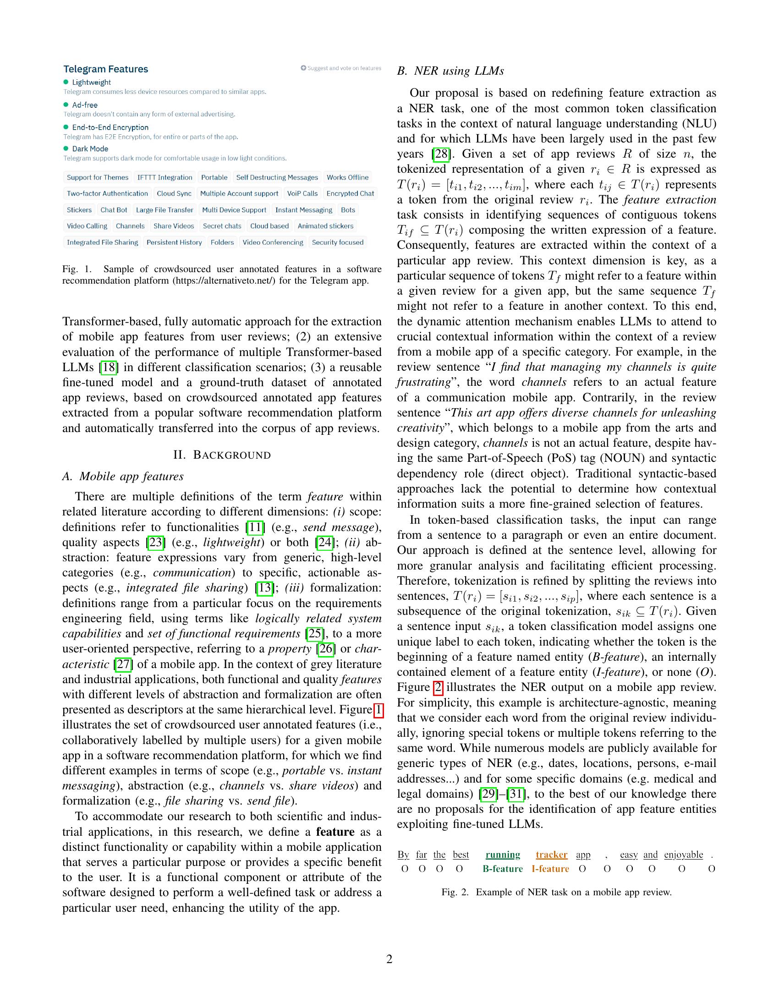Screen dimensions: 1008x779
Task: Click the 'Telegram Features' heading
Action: pyautogui.click(x=106, y=69)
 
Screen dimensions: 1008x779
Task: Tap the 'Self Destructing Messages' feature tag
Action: pyautogui.click(x=277, y=177)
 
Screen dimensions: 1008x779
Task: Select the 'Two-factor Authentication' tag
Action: pyautogui.click(x=107, y=193)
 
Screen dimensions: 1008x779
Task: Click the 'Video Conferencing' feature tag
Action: pyautogui.click(x=273, y=242)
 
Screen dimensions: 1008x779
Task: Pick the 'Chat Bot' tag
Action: pyautogui.click(x=114, y=210)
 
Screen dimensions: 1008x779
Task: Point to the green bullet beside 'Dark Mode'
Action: pyautogui.click(x=66, y=148)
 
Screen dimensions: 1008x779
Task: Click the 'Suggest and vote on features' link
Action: pyautogui.click(x=341, y=68)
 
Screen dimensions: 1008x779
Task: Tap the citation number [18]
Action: pyautogui.click(x=109, y=367)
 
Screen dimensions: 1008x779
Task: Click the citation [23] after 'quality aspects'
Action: pyautogui.click(x=155, y=542)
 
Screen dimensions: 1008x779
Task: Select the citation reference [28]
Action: pyautogui.click(x=441, y=153)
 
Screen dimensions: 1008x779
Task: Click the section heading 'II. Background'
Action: pyautogui.click(x=222, y=455)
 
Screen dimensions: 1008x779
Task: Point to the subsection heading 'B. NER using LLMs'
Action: pyautogui.click(x=450, y=71)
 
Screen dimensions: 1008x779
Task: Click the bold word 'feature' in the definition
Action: pyautogui.click(x=335, y=832)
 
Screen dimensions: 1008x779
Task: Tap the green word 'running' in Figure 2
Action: pyautogui.click(x=503, y=855)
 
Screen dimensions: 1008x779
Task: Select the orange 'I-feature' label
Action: pyautogui.click(x=550, y=869)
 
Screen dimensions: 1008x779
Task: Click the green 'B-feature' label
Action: pyautogui.click(x=503, y=869)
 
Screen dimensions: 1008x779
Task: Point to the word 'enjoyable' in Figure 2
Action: pyautogui.click(x=684, y=855)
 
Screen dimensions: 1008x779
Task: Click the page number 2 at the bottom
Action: pyautogui.click(x=389, y=959)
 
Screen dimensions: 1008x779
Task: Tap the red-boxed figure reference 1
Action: pyautogui.click(x=378, y=710)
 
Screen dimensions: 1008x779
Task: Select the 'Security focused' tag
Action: pyautogui.click(x=337, y=242)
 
